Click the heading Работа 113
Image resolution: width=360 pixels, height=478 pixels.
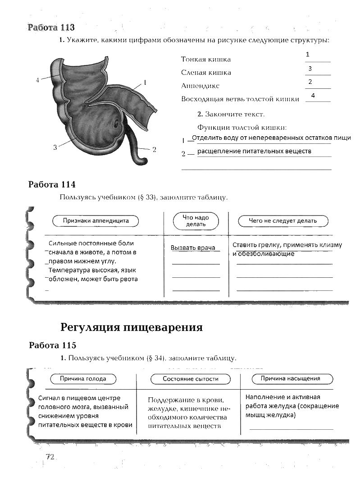[51, 28]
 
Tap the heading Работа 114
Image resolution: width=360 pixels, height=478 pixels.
[52, 184]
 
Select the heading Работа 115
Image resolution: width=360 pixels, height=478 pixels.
[52, 345]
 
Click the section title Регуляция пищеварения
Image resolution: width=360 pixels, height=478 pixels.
[132, 327]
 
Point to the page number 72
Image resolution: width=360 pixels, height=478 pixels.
[50, 457]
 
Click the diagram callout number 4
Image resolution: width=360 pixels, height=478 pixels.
[38, 80]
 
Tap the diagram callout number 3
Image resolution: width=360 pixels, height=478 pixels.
[55, 147]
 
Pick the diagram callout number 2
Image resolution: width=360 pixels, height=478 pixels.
[154, 149]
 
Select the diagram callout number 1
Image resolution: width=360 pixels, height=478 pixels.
[145, 83]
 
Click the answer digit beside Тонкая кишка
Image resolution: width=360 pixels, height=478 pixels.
[307, 55]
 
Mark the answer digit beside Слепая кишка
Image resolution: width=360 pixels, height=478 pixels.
[310, 69]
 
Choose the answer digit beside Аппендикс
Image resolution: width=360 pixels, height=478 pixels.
[310, 82]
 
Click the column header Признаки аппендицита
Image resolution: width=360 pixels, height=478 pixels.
[96, 221]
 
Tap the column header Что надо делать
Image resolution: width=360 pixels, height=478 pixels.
[196, 221]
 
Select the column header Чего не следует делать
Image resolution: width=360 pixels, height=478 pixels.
[283, 221]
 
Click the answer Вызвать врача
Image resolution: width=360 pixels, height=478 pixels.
[193, 248]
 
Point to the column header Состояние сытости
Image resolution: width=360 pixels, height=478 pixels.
[190, 379]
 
